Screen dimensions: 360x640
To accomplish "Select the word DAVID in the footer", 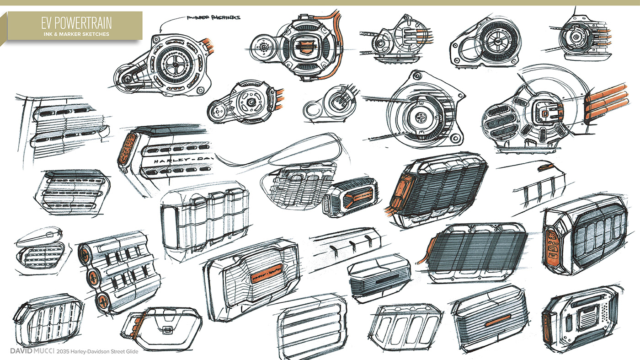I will click(22, 351).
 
